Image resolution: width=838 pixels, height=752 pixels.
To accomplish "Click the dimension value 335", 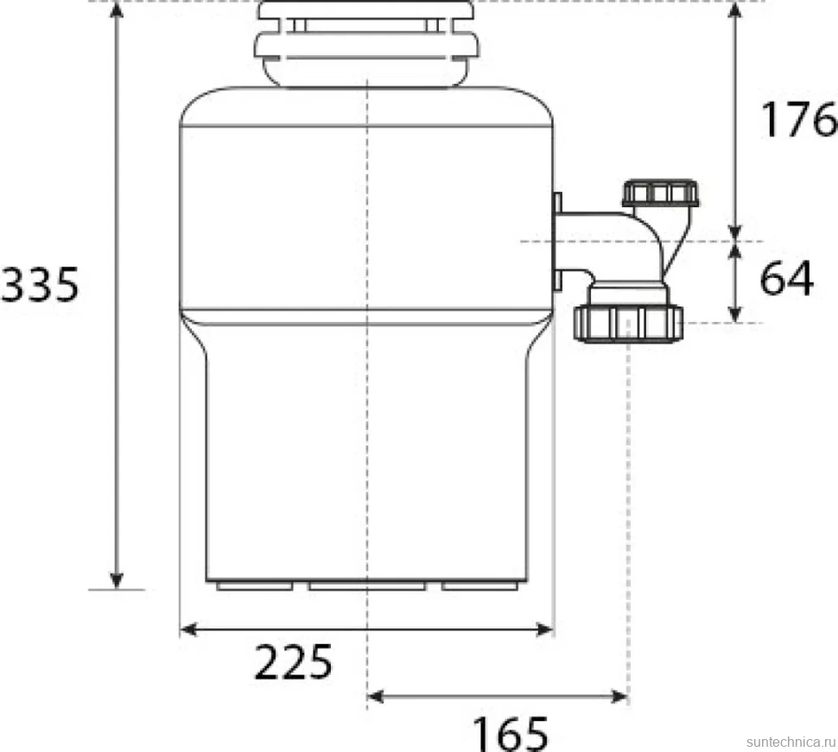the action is coord(40,285).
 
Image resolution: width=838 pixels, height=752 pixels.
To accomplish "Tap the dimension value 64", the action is coord(786,278).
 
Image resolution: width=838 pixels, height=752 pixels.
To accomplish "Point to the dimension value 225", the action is coord(294,662).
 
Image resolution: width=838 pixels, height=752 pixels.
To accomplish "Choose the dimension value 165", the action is coord(511,734).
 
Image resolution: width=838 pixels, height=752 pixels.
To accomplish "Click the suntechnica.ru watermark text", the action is coord(791,742).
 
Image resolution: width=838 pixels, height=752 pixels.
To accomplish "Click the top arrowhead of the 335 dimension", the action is coord(117,9).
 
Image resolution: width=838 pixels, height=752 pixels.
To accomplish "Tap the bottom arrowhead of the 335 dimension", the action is coord(117,580).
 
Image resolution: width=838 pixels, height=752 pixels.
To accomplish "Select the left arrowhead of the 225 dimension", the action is coord(188,629).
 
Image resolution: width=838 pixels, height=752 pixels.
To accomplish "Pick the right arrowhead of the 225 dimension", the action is coord(544,629).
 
